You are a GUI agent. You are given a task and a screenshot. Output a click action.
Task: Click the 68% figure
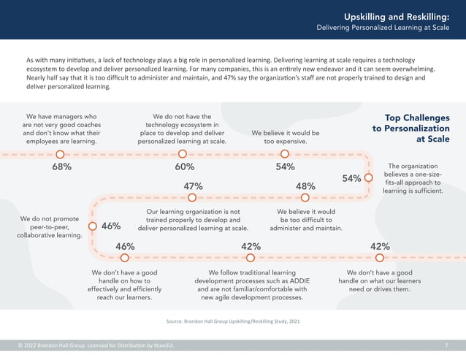[x=61, y=167]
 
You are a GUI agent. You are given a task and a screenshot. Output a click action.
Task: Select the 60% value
[x=185, y=167]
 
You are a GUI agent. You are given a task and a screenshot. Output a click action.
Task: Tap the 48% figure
[x=305, y=186]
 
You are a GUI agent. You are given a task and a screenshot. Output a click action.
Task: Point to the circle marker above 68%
[x=60, y=154]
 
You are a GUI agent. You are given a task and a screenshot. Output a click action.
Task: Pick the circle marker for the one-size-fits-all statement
[x=369, y=177]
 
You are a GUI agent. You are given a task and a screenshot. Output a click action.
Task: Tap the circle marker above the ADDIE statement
[x=251, y=257]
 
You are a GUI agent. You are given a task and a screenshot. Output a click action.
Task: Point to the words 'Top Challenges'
[x=417, y=118]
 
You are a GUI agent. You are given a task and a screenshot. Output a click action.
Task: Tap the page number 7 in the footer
[x=446, y=345]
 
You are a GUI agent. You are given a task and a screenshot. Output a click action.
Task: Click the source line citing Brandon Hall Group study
[x=233, y=321]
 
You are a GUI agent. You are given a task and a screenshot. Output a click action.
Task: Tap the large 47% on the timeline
[x=192, y=186]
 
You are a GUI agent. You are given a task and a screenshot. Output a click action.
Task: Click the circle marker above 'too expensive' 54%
[x=285, y=154]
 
